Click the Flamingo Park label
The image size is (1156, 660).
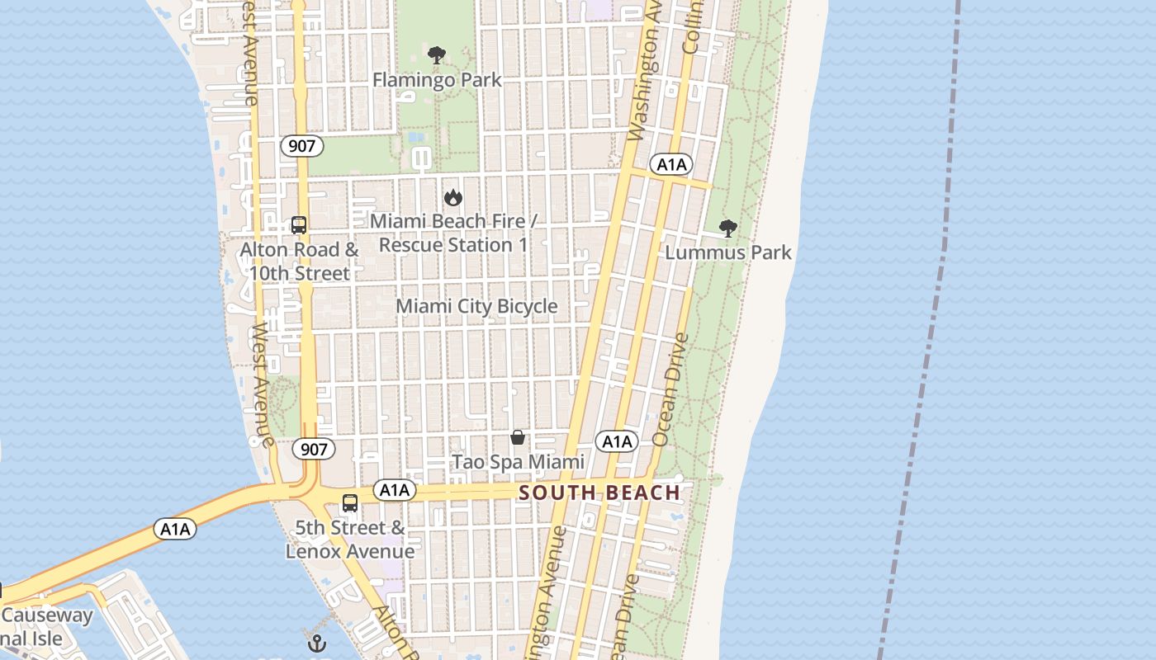pos(437,80)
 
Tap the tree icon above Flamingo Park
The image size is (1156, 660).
pos(437,56)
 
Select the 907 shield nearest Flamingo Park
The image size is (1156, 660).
pos(301,146)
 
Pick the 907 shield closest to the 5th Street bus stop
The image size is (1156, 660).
pos(314,450)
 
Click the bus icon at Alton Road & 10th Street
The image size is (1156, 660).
pos(299,224)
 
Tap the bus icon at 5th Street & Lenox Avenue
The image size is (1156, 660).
pos(350,502)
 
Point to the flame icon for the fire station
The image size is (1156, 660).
pos(452,197)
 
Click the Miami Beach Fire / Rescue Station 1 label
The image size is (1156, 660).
pos(453,233)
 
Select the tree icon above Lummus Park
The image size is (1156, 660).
pos(727,229)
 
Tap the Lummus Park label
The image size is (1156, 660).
pos(728,252)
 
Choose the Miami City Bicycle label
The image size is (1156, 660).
pos(476,306)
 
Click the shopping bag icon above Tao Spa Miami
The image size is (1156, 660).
pos(518,437)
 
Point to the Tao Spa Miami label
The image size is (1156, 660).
pos(518,462)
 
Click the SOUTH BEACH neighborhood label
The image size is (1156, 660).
pos(599,493)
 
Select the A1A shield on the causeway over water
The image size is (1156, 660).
pos(175,529)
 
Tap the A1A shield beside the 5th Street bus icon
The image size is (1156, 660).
pos(394,490)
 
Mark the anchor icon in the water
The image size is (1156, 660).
pos(317,643)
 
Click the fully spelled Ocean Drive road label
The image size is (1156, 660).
pos(670,389)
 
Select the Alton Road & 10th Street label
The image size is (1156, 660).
pos(299,261)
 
